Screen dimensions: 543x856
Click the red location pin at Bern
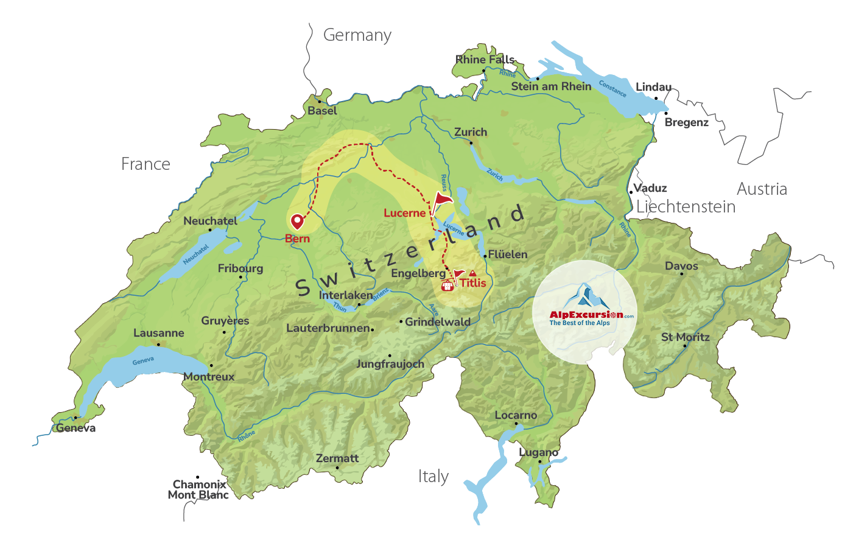(x=297, y=222)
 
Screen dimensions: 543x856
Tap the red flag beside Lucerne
(x=443, y=200)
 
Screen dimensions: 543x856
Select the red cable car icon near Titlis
(x=447, y=285)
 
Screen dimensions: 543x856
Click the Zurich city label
(x=471, y=132)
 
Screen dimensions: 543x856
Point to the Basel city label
(x=322, y=111)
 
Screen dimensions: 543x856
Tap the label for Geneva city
(x=76, y=428)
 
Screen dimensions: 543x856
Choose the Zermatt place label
(x=337, y=458)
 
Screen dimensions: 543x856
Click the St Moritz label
(x=686, y=337)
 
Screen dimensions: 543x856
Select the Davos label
(x=681, y=266)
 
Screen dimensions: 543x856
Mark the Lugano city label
(x=538, y=452)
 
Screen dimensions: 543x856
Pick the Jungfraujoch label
(x=390, y=364)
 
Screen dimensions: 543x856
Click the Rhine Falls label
(x=485, y=60)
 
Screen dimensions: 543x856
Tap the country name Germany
(x=357, y=35)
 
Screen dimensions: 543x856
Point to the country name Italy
(x=433, y=476)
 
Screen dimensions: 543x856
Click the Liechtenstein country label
(x=686, y=207)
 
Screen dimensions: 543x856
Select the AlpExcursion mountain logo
(x=585, y=297)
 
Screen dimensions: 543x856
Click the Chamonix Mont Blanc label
(x=198, y=489)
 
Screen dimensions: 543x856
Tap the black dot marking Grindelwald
(x=401, y=321)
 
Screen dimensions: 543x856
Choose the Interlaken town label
(x=346, y=295)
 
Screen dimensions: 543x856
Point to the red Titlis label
(x=473, y=283)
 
